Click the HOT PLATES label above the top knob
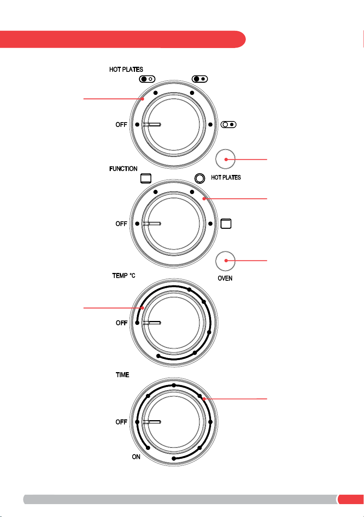126,70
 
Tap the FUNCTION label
123,169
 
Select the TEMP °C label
124,276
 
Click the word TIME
122,374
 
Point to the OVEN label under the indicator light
225,278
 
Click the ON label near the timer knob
136,457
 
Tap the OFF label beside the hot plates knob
121,125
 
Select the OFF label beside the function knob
121,224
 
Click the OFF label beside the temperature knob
122,323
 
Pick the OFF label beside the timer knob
121,422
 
